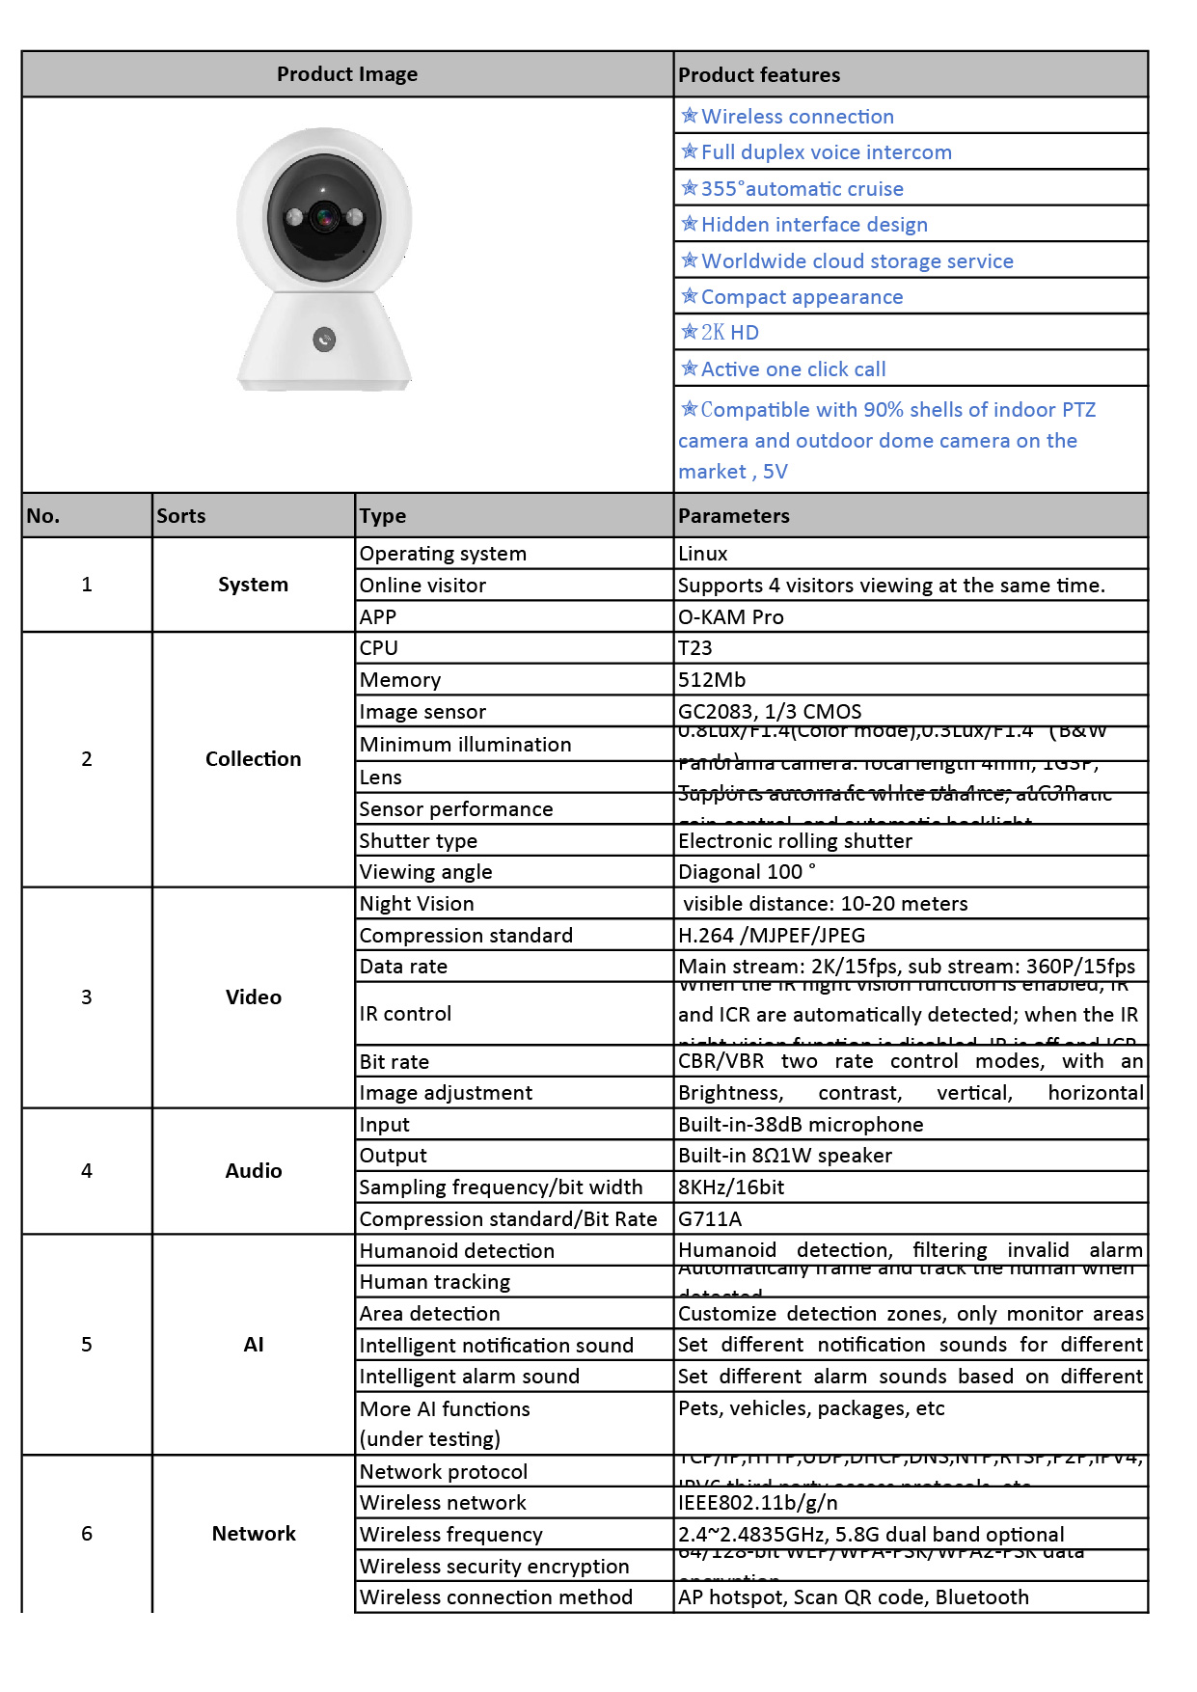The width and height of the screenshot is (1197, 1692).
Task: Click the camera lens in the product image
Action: coord(325,218)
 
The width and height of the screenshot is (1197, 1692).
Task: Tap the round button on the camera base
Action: coord(324,339)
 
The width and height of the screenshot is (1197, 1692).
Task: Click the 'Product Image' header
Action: coord(347,74)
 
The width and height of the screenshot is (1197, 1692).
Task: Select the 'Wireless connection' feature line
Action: coord(797,117)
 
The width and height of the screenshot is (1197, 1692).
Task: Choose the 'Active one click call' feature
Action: coord(793,369)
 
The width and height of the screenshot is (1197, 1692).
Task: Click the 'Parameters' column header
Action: coord(733,516)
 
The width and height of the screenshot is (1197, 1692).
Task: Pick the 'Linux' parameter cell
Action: coord(703,554)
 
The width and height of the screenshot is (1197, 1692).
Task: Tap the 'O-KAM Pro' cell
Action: coord(730,617)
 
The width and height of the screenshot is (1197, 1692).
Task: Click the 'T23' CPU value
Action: coord(694,648)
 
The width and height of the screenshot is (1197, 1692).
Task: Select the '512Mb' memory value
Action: coord(712,680)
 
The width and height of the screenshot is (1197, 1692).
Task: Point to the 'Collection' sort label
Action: coord(253,759)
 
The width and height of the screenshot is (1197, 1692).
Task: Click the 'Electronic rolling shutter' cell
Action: coord(795,841)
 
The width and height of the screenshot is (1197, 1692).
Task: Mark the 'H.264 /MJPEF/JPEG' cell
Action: coord(772,936)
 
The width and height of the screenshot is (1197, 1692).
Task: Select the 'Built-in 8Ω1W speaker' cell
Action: coord(785,1156)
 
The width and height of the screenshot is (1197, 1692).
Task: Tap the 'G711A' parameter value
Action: coord(710,1219)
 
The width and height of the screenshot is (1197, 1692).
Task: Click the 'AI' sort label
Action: coord(254,1345)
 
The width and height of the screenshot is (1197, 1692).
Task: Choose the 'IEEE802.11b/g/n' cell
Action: coord(758,1503)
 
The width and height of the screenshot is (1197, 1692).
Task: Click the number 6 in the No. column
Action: coord(87,1534)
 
